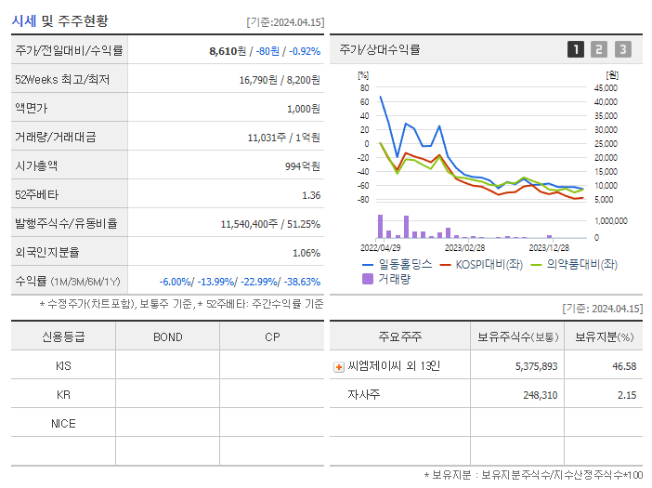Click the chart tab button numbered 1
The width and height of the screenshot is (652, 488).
[x=576, y=49]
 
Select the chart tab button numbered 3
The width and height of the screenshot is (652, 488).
[x=622, y=49]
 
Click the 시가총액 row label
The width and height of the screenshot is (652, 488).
[x=37, y=166]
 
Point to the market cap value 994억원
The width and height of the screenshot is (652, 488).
[x=302, y=166]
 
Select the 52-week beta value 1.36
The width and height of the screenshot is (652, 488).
[x=311, y=195]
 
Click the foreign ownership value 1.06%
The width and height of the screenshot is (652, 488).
[x=306, y=252]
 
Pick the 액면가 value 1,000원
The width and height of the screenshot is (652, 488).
[x=303, y=109]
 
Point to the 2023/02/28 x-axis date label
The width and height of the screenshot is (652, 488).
[x=464, y=248]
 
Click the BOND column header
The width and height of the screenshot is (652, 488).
[x=168, y=336]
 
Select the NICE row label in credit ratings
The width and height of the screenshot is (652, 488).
[x=64, y=423]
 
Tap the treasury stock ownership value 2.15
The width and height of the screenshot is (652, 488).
[x=625, y=395]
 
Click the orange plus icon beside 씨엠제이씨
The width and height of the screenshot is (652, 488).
[x=339, y=367]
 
